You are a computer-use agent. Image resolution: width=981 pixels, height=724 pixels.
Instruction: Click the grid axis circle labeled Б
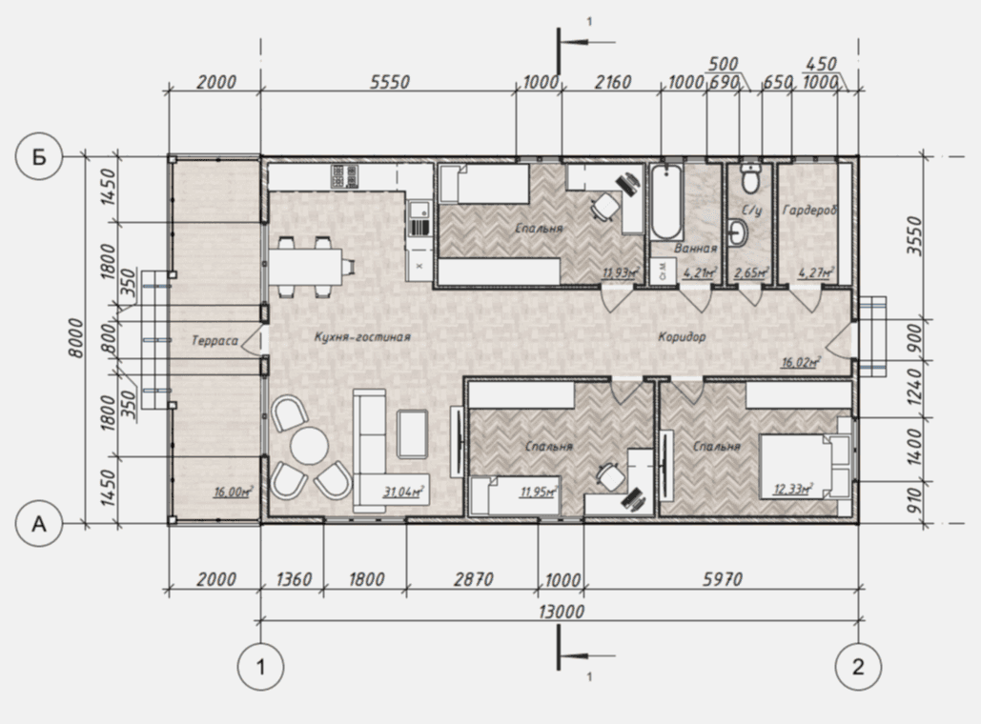(x=39, y=156)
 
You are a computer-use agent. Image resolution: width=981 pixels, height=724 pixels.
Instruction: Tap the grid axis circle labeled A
(x=39, y=523)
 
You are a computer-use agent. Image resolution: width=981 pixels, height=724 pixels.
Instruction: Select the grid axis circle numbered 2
(x=858, y=667)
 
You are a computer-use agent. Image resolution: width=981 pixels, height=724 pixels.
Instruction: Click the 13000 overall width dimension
(x=562, y=611)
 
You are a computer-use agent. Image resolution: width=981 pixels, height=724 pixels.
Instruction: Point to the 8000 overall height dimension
(x=75, y=338)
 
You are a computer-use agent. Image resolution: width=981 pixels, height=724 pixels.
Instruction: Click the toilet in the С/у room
(x=749, y=177)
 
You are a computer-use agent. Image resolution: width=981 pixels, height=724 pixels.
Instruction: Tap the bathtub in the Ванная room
(x=666, y=201)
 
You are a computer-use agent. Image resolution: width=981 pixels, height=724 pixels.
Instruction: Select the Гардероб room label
(x=809, y=211)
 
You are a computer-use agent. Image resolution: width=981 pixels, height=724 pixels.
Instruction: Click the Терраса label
(x=215, y=341)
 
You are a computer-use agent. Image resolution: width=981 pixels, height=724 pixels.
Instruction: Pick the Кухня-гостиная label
(x=362, y=337)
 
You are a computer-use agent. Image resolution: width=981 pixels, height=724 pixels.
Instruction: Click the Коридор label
(x=682, y=337)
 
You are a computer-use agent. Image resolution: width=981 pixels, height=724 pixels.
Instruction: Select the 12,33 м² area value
(x=792, y=489)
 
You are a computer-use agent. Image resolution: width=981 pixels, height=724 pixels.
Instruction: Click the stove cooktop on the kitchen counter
(x=345, y=176)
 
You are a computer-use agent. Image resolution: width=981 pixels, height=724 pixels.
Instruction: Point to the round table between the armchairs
(x=309, y=445)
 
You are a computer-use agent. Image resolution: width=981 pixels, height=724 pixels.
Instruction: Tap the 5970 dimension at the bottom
(x=722, y=579)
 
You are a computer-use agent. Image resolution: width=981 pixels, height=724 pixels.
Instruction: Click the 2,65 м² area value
(x=750, y=272)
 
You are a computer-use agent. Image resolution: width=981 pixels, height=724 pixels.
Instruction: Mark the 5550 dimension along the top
(x=389, y=82)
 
